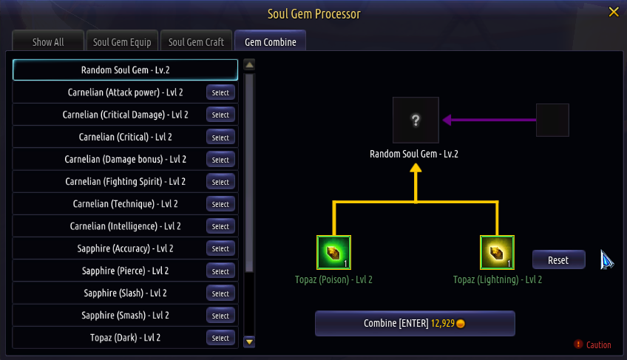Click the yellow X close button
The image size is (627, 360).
click(x=613, y=12)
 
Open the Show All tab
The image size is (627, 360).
click(x=48, y=42)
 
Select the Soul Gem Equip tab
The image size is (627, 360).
click(x=122, y=42)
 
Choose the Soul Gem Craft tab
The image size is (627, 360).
click(x=196, y=42)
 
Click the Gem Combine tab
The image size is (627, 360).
click(x=271, y=42)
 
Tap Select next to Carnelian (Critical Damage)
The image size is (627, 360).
click(x=220, y=115)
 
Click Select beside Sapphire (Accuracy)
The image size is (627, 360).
click(x=220, y=249)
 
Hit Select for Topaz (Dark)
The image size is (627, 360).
click(x=220, y=338)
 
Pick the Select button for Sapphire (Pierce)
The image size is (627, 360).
click(x=220, y=271)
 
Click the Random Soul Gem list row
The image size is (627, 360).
click(x=126, y=70)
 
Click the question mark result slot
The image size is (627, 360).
click(x=416, y=120)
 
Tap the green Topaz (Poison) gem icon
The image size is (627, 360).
click(x=333, y=254)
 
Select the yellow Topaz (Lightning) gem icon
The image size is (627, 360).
click(x=498, y=254)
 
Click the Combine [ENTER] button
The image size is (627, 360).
click(x=415, y=324)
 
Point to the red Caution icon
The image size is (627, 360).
click(x=578, y=344)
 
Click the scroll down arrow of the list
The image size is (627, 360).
click(x=249, y=342)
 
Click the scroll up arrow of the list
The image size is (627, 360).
click(x=249, y=64)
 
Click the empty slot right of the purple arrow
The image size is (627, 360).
click(x=552, y=120)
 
